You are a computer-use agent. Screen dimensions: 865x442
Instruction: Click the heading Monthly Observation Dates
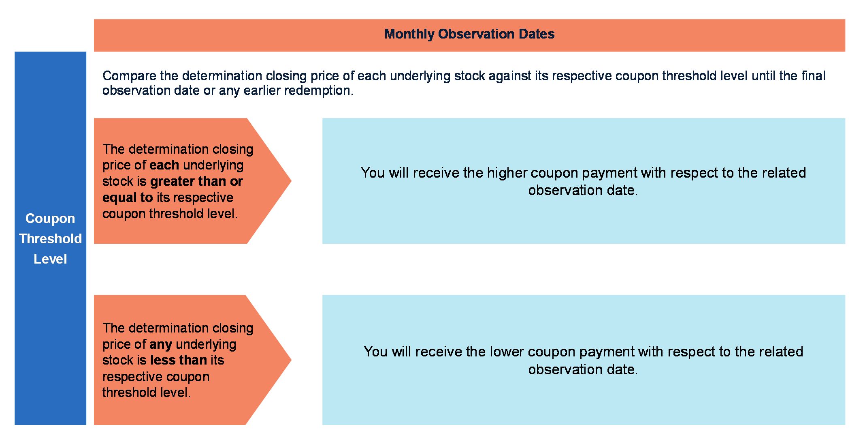[469, 34]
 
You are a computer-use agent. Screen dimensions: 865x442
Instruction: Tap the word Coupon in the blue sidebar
[50, 219]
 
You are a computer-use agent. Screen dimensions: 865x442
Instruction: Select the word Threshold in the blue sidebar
[50, 238]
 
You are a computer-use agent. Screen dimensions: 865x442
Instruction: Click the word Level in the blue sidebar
[50, 259]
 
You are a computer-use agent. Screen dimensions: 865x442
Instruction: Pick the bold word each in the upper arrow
[164, 165]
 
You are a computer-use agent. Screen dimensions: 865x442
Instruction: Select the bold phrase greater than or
[196, 181]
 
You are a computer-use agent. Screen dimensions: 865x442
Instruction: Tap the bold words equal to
[128, 197]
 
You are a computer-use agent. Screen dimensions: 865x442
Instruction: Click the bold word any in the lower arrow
[161, 345]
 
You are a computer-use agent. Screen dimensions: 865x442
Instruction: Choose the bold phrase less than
[179, 360]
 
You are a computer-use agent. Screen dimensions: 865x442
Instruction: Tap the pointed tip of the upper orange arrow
[291, 181]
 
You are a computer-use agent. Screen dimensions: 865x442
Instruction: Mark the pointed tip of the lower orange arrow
[291, 360]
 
